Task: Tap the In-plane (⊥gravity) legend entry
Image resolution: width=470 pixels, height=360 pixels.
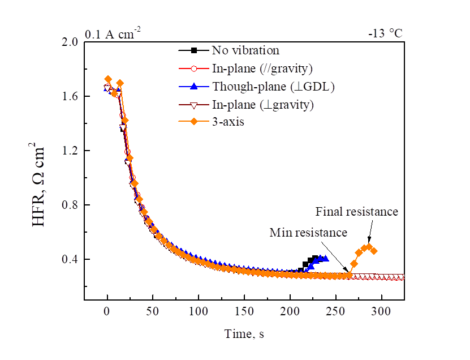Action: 262,104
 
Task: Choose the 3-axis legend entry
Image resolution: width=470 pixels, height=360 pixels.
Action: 228,122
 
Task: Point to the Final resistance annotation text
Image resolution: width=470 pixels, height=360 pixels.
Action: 357,212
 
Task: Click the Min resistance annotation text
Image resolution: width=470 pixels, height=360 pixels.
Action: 308,232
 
